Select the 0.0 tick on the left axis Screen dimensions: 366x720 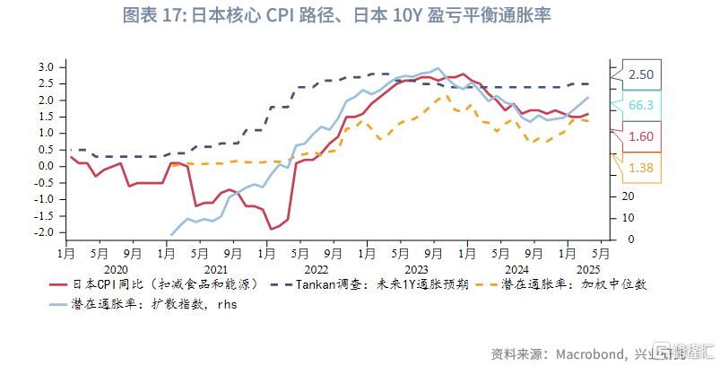pos(47,166)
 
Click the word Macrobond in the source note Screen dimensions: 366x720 pos(591,353)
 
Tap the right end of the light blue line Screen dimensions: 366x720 pos(588,98)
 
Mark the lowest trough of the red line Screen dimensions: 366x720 pos(271,229)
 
